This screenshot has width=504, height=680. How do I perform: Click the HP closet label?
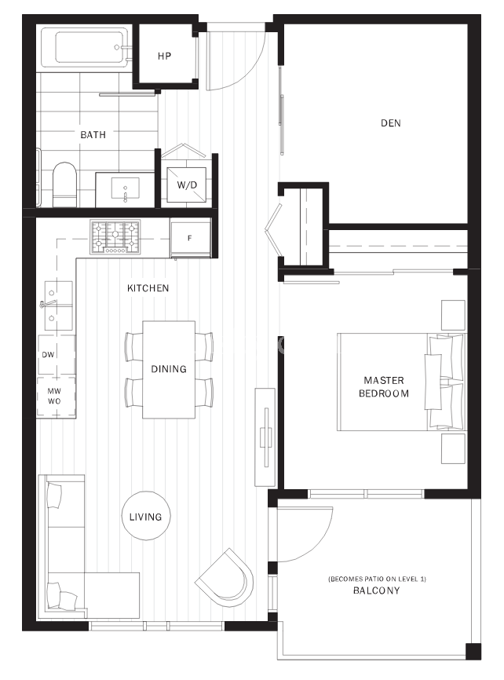click(x=164, y=56)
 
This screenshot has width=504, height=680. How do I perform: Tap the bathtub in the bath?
click(x=86, y=47)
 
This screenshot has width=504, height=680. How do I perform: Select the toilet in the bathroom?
click(x=64, y=185)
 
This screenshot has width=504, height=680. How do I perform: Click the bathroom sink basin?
click(x=126, y=188)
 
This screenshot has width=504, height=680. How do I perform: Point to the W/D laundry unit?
click(x=187, y=185)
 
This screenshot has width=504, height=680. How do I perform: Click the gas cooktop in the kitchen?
click(x=115, y=237)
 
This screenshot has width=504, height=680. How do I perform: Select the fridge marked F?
click(x=190, y=238)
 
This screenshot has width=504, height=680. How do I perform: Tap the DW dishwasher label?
click(x=48, y=354)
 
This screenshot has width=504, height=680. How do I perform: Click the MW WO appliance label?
click(x=54, y=396)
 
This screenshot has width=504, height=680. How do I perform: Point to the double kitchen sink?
click(x=59, y=305)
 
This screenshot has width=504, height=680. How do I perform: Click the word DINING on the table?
click(x=169, y=369)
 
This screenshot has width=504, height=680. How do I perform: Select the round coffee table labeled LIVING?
click(x=146, y=516)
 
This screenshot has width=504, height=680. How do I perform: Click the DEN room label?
click(x=391, y=123)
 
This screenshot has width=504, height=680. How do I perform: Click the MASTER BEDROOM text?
click(x=384, y=387)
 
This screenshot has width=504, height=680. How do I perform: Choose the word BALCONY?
click(x=377, y=590)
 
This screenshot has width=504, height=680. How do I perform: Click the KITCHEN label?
click(x=148, y=288)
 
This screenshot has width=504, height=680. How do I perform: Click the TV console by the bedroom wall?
click(x=265, y=437)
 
